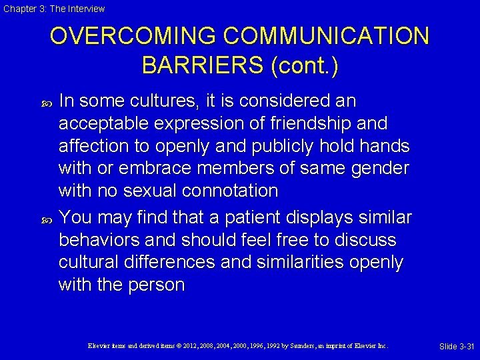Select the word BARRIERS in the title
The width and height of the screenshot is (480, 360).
[x=203, y=65]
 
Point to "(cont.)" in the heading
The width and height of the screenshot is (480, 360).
[x=305, y=65]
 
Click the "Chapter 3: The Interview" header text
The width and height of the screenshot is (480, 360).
[x=54, y=9]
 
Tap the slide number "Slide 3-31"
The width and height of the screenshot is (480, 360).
[x=457, y=346]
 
